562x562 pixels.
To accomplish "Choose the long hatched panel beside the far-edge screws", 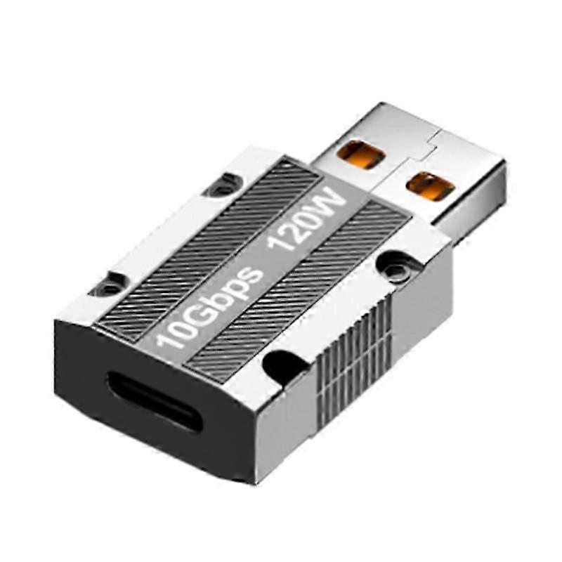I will point(204,239).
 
